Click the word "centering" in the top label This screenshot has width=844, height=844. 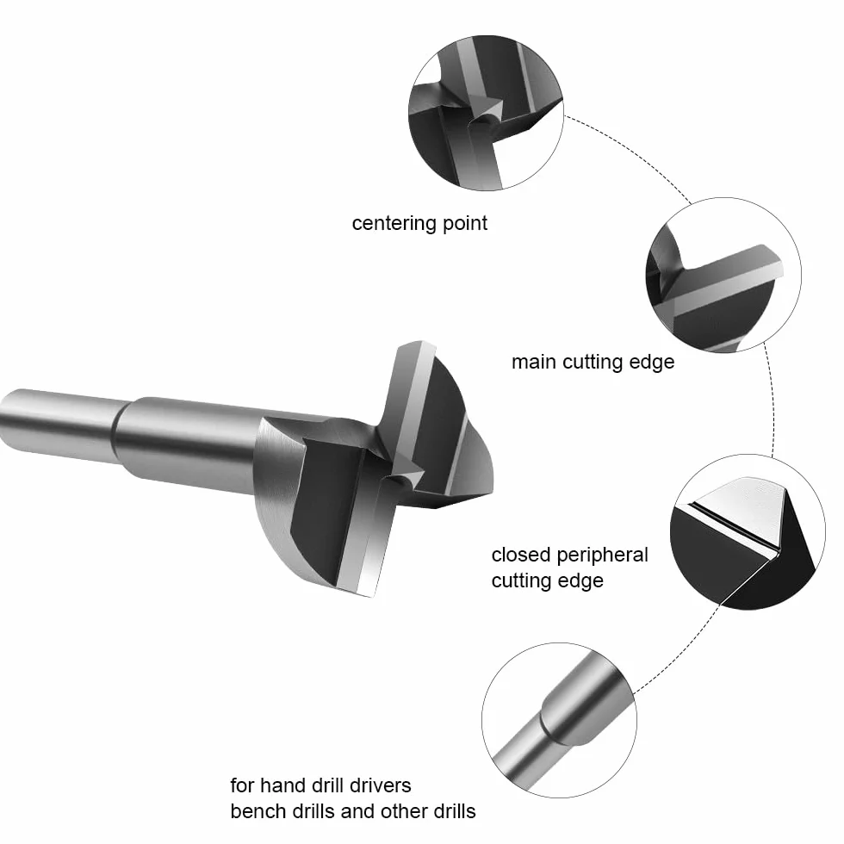point(394,223)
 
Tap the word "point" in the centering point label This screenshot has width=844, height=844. point(465,223)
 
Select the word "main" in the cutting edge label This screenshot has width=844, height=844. point(535,362)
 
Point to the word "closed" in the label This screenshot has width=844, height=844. point(521,555)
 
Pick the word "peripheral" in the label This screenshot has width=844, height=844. point(602,555)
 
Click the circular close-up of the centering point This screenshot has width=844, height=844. point(486,113)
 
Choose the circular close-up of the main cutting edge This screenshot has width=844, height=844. point(723,275)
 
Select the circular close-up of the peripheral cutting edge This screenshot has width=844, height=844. point(748,532)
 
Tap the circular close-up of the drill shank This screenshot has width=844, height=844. point(559,720)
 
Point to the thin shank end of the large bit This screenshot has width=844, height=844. point(5,417)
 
